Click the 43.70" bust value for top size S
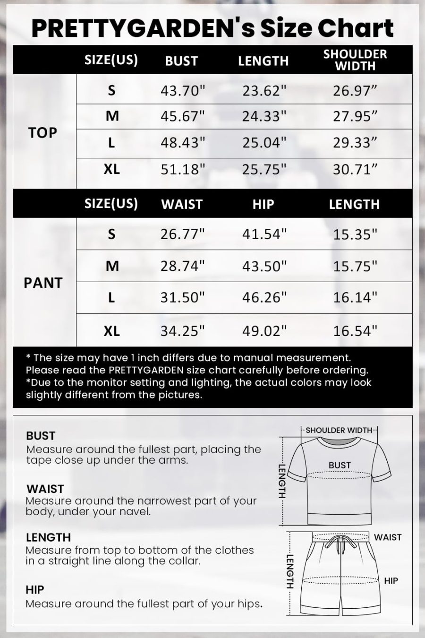tap(183, 90)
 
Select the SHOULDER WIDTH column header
tap(355, 60)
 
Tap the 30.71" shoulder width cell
tap(355, 169)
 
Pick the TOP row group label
tap(42, 133)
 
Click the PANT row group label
tap(43, 283)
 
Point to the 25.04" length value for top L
tap(264, 142)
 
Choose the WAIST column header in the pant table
tap(182, 204)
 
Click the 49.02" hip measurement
tap(264, 330)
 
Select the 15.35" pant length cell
tap(355, 234)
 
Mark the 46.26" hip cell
tap(264, 297)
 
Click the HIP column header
tap(263, 204)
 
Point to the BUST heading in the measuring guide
tap(41, 435)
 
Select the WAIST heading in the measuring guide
tap(45, 488)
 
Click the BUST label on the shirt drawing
tap(340, 465)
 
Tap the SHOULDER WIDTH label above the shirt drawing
tap(339, 430)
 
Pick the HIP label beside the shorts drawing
tap(391, 581)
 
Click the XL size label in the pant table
tap(111, 331)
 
